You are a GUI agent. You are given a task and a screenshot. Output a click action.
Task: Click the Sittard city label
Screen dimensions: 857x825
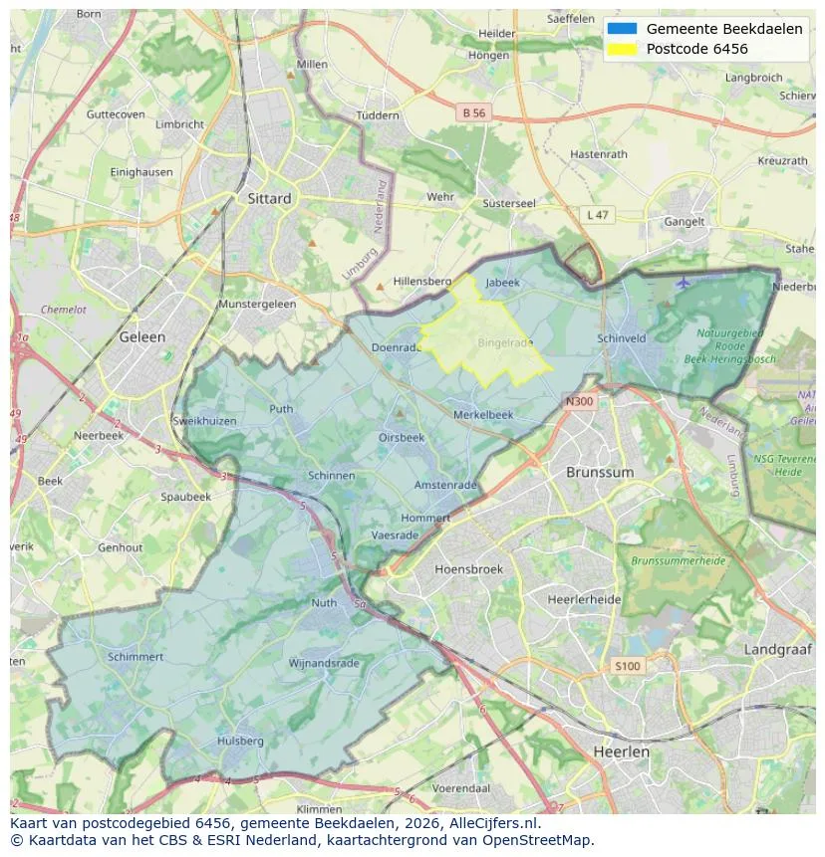(x=269, y=198)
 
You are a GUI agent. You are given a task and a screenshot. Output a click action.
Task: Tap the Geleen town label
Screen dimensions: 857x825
(x=142, y=336)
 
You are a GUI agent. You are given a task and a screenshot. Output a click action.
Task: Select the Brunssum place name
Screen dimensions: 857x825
(x=599, y=472)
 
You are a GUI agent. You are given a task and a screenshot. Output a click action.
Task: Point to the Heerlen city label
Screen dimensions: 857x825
(x=621, y=751)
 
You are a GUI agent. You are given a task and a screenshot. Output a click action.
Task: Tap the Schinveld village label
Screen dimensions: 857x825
(x=622, y=338)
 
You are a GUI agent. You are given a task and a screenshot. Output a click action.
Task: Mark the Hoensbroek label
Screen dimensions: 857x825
(x=468, y=569)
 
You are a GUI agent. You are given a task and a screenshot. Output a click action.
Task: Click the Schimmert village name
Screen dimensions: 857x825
(x=136, y=657)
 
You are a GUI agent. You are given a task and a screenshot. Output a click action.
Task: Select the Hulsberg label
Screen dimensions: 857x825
(x=240, y=741)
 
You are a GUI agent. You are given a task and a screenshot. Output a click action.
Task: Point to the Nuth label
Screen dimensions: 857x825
(x=324, y=603)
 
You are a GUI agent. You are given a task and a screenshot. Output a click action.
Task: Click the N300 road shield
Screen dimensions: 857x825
(x=578, y=402)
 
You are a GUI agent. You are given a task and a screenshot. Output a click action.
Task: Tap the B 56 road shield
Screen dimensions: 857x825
(x=473, y=113)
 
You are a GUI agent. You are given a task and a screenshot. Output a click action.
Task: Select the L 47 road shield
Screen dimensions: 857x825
(x=597, y=215)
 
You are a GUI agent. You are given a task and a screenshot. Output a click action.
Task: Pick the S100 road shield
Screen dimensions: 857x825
(x=628, y=666)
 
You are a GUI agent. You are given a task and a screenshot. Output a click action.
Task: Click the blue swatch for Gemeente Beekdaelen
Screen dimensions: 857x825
(x=621, y=29)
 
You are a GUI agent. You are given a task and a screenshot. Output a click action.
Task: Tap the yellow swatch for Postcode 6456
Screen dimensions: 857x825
(x=621, y=49)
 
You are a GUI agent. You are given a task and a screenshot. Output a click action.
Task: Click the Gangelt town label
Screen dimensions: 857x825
(x=685, y=222)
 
